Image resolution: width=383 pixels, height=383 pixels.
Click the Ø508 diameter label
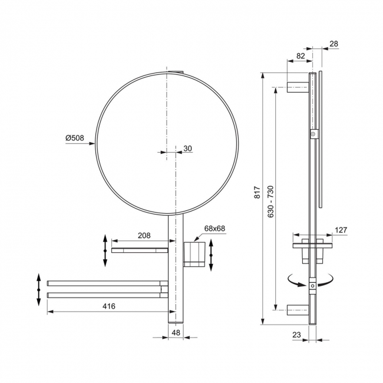(x=74, y=138)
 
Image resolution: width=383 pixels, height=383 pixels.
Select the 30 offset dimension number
(x=187, y=148)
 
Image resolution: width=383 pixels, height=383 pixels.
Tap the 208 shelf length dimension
(x=144, y=236)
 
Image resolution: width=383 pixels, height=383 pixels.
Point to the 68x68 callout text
(x=214, y=229)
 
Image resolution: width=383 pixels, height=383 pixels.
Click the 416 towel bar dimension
(x=108, y=306)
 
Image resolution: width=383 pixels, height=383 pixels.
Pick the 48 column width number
(x=176, y=332)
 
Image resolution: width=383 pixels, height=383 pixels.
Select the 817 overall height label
(x=257, y=192)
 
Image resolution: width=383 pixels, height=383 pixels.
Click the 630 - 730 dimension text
(x=271, y=202)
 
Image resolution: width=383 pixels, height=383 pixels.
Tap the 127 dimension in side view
(x=341, y=230)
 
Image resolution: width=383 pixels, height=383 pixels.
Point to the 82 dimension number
(x=301, y=56)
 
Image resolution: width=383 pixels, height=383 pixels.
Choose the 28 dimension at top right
(x=334, y=44)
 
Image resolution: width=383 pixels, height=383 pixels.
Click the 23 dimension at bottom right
(x=296, y=335)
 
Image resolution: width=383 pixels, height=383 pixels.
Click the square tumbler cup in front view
(x=194, y=254)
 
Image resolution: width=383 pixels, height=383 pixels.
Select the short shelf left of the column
(x=140, y=250)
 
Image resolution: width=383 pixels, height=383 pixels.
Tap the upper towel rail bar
(x=107, y=283)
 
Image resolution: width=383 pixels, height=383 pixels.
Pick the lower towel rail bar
(x=107, y=295)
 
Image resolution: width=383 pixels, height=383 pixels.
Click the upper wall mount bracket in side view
(x=298, y=87)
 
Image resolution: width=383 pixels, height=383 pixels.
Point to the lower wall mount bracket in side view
(x=298, y=310)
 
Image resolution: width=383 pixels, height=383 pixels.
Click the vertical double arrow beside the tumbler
(x=212, y=255)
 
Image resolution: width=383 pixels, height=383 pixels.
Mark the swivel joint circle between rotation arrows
(x=313, y=286)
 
